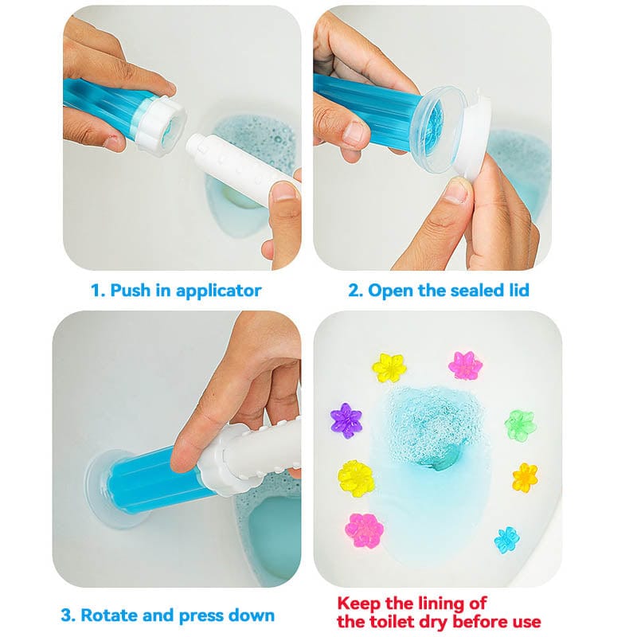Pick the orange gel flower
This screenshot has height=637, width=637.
click(525, 477)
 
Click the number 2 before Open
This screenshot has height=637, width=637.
click(354, 290)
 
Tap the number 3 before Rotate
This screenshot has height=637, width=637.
click(66, 615)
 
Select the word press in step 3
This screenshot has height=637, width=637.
click(199, 616)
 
